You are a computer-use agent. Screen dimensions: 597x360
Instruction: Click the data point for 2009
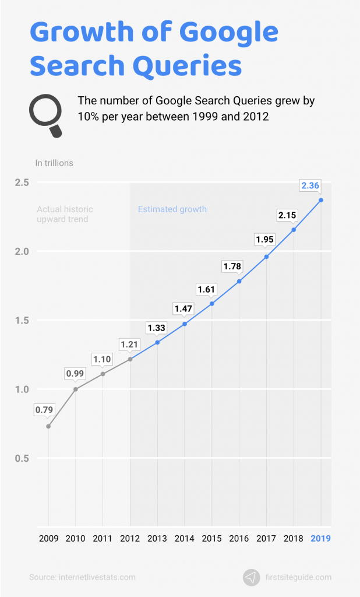click(x=48, y=426)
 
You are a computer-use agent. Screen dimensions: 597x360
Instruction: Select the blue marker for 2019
click(x=321, y=201)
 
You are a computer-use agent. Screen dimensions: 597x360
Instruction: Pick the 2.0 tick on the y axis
click(x=22, y=251)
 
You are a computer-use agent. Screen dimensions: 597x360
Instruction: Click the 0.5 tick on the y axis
click(x=22, y=458)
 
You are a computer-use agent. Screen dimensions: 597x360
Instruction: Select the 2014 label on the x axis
click(x=185, y=538)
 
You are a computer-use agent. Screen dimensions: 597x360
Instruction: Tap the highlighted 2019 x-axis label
click(x=320, y=538)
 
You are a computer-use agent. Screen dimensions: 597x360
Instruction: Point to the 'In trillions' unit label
click(x=54, y=163)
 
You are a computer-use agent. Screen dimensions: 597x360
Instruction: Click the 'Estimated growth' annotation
click(x=172, y=209)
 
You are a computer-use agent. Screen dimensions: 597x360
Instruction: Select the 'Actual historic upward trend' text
click(x=65, y=214)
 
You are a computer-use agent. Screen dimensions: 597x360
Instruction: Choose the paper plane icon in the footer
click(x=251, y=577)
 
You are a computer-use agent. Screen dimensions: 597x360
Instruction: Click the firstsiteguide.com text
click(x=298, y=577)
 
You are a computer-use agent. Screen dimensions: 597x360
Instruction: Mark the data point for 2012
click(x=130, y=359)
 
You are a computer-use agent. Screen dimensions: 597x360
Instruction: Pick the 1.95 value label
click(x=266, y=239)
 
